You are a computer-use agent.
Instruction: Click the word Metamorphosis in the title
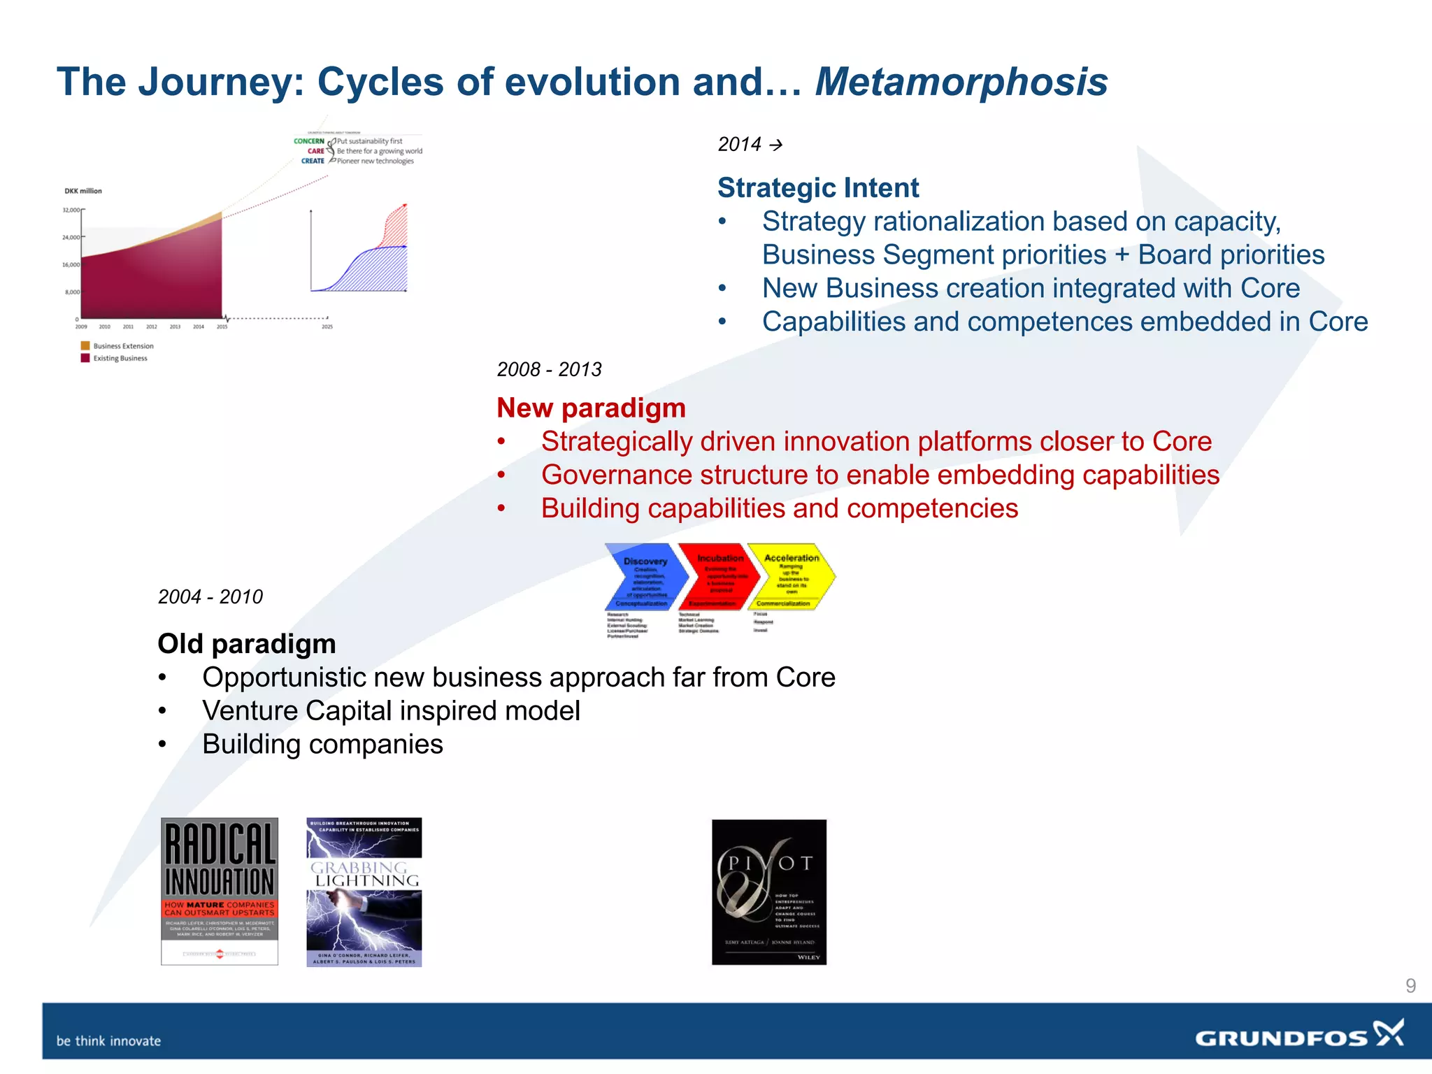point(961,82)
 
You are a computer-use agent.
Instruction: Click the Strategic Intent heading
point(817,187)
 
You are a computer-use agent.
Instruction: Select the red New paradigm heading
point(591,408)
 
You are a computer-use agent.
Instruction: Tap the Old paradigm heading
point(246,643)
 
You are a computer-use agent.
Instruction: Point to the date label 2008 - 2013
point(549,369)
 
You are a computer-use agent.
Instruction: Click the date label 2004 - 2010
point(210,596)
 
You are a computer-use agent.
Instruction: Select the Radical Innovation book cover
point(220,891)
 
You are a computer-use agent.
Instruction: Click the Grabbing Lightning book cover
point(364,892)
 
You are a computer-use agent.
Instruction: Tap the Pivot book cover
point(768,892)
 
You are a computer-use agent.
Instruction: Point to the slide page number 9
point(1410,986)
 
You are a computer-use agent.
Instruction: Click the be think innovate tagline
point(108,1040)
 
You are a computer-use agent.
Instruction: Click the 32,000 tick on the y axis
point(71,210)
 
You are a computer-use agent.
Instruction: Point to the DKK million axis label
point(83,191)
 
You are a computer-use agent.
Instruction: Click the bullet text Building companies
point(322,744)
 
